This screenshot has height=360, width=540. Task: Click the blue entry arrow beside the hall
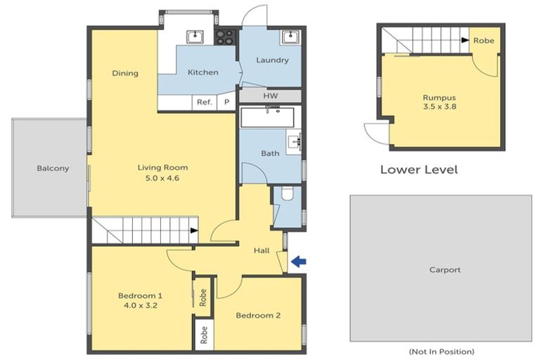[299, 262]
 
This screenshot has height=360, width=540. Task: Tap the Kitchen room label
[202, 72]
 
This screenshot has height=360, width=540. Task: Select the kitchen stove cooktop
[226, 37]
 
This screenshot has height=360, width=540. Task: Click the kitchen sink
[196, 37]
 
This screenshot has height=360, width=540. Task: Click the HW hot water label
[271, 96]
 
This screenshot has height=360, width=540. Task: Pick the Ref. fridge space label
[205, 103]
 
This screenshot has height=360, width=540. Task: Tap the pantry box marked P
[226, 103]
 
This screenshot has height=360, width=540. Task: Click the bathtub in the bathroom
[271, 117]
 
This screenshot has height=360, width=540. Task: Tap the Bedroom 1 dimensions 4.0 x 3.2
[140, 307]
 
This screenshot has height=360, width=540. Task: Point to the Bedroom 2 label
[258, 316]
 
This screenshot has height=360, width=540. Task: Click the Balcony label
[53, 168]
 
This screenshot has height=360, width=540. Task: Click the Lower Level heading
[419, 169]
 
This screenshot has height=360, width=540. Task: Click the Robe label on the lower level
[484, 40]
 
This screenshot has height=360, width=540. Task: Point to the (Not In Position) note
[441, 351]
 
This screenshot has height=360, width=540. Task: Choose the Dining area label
[125, 73]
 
